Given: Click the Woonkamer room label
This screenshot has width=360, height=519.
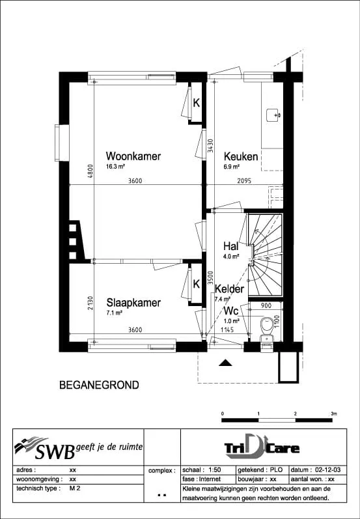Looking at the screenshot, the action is click(133, 156).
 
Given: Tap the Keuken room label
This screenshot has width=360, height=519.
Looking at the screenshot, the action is click(241, 156).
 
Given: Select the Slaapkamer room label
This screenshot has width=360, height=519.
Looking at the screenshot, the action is click(133, 303).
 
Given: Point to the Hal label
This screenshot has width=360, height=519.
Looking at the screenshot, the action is click(231, 246).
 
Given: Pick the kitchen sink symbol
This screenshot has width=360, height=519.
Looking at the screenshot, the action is click(274, 115).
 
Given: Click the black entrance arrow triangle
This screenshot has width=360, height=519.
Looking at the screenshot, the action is click(226, 363).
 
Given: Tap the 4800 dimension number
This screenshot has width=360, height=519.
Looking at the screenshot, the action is click(90, 171).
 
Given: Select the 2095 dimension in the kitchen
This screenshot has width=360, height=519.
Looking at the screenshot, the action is click(245, 181).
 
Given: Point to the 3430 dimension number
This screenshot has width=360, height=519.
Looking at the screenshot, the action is click(211, 145).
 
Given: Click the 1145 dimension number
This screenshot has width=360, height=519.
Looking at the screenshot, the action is click(227, 330).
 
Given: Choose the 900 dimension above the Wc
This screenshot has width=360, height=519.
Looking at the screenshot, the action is click(266, 305).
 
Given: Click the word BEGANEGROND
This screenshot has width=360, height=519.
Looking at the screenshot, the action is click(99, 386).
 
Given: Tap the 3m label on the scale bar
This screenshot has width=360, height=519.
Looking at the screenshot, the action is click(334, 414).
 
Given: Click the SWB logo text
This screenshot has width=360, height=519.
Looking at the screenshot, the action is click(55, 451).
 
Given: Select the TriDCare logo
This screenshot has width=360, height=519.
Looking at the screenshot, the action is click(262, 448).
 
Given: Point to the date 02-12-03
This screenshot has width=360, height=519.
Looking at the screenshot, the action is click(328, 470).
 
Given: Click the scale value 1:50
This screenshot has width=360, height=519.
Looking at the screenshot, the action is click(214, 470).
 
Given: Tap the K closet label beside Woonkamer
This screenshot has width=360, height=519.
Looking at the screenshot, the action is click(196, 103).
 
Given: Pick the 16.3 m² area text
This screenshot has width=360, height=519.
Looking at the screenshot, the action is click(115, 167).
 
